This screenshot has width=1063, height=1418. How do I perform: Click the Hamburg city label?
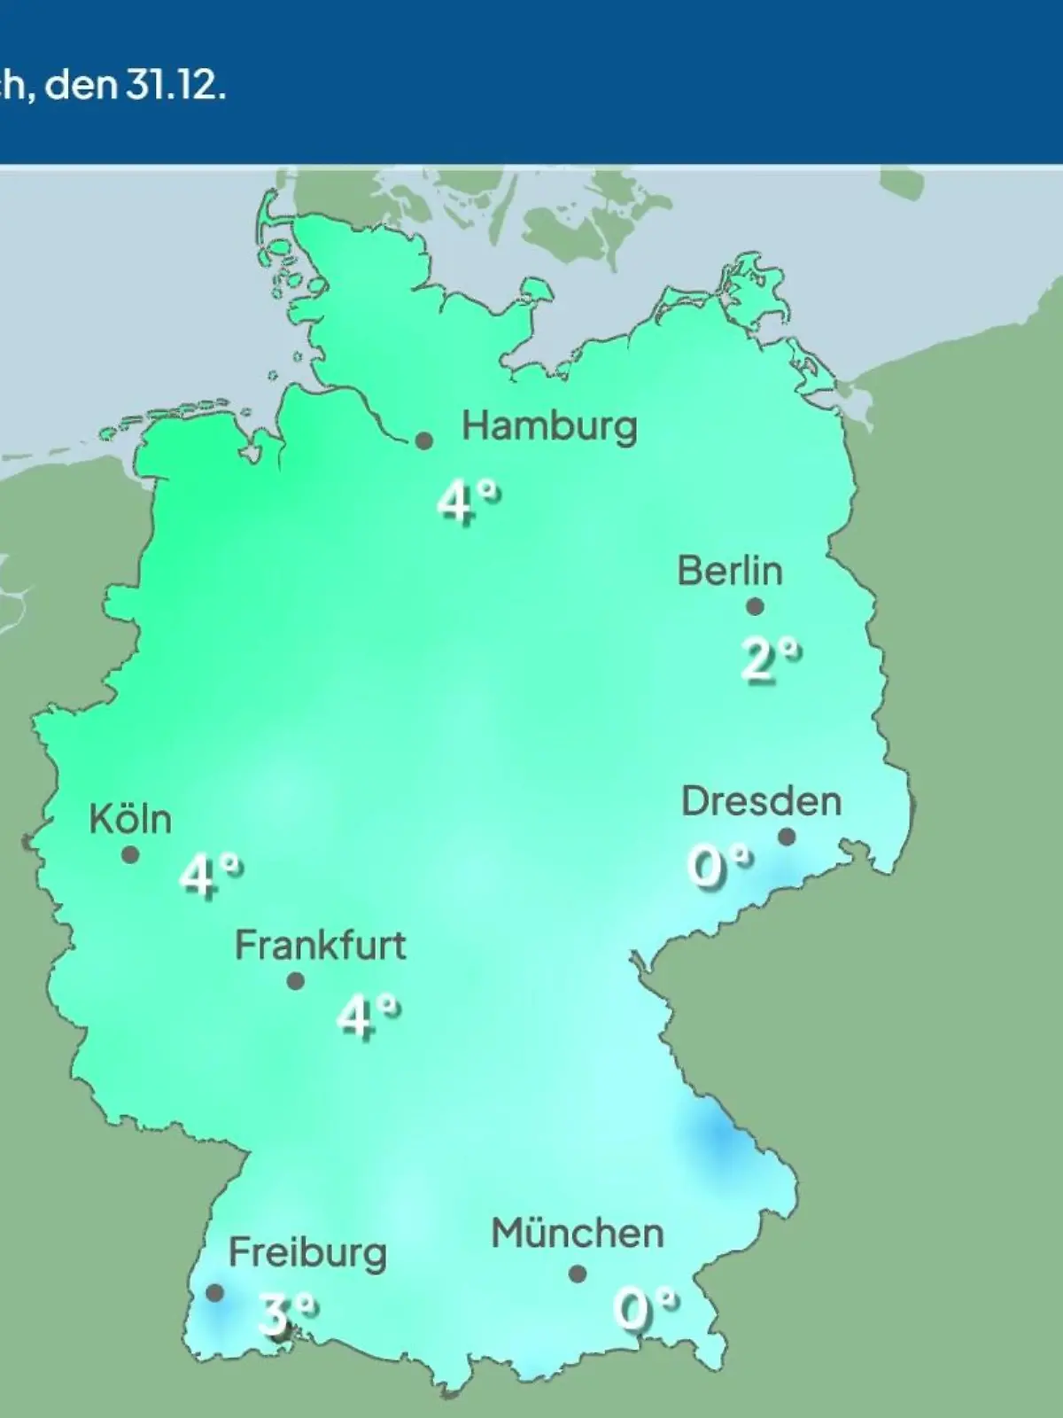tap(549, 427)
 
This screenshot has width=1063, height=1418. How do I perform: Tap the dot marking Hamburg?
tap(424, 440)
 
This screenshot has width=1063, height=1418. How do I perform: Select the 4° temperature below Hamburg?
tap(467, 503)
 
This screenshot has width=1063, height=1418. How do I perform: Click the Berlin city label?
tap(730, 571)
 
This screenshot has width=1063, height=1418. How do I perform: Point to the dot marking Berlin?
tap(755, 607)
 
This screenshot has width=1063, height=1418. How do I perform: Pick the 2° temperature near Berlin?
tap(771, 660)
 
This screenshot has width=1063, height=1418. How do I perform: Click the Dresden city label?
tap(761, 801)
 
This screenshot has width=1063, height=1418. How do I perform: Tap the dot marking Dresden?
tap(787, 837)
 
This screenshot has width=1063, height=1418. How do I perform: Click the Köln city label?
tap(130, 819)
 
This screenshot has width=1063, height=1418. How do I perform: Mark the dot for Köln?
tap(130, 855)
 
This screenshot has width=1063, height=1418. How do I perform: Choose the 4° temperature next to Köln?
tap(211, 876)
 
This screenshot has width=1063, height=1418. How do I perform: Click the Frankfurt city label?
tap(320, 946)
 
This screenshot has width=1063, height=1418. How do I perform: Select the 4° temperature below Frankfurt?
tap(368, 1015)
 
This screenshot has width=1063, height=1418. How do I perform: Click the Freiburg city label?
tap(307, 1253)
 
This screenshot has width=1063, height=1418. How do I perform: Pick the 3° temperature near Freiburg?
tap(285, 1313)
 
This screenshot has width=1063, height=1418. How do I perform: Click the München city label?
tap(578, 1234)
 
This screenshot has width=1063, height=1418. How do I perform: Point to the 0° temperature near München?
tap(646, 1309)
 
